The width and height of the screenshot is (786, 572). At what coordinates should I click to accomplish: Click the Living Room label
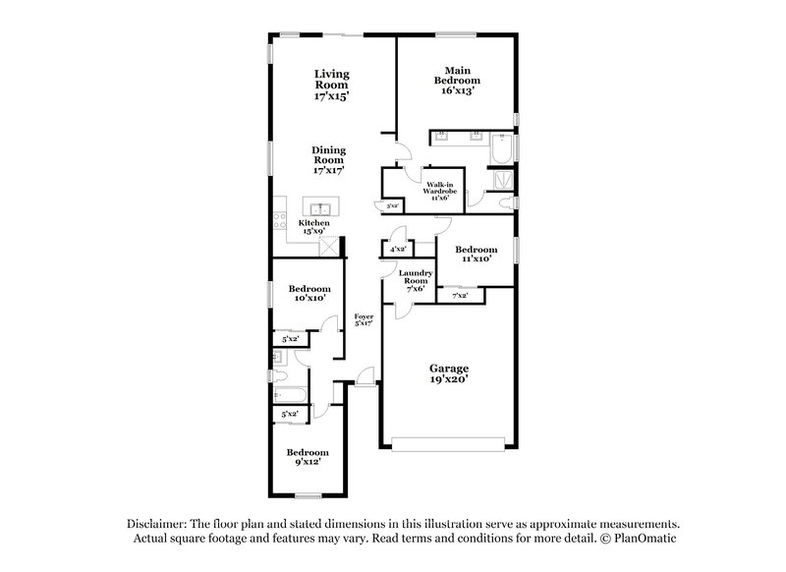332,86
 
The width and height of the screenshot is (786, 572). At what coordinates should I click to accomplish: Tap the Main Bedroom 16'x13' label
459,80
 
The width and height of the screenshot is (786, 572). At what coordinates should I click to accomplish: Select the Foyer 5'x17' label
364,318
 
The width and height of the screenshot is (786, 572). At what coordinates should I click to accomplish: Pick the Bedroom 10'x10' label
308,293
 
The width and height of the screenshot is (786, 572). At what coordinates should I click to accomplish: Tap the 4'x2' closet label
398,251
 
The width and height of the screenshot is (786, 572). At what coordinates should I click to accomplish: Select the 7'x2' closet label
459,295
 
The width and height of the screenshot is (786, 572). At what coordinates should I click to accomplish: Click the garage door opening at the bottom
448,442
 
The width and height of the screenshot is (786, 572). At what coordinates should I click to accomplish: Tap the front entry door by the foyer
365,377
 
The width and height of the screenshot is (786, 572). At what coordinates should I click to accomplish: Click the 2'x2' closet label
393,206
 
